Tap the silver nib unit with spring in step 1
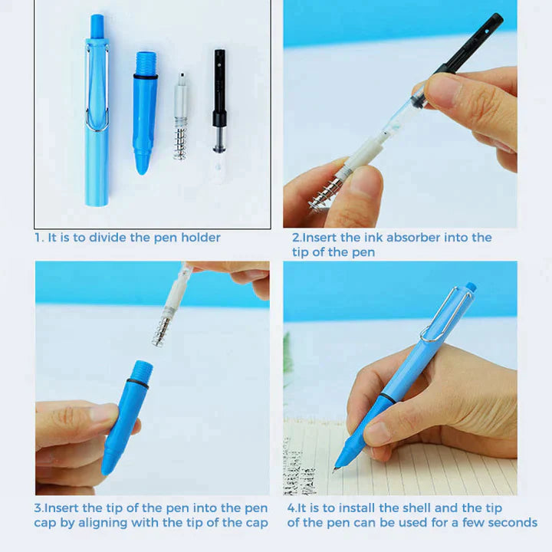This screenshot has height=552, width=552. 181,115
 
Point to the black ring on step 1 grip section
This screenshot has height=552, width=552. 145,77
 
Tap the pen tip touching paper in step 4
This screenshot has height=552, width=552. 337,468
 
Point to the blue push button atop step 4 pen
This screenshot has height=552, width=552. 471,287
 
